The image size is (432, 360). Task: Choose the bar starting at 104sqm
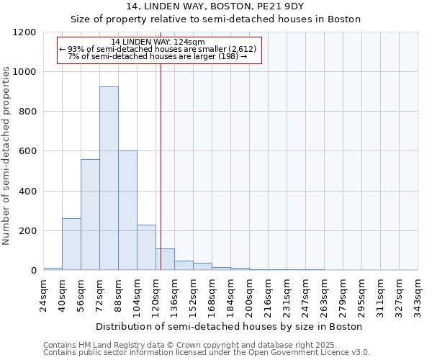click(x=146, y=248)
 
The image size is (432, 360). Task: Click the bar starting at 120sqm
click(x=165, y=259)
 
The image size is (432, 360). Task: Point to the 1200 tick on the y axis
click(x=26, y=32)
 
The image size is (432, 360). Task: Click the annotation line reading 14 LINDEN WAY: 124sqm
click(x=158, y=42)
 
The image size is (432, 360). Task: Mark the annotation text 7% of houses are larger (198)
click(x=158, y=56)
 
